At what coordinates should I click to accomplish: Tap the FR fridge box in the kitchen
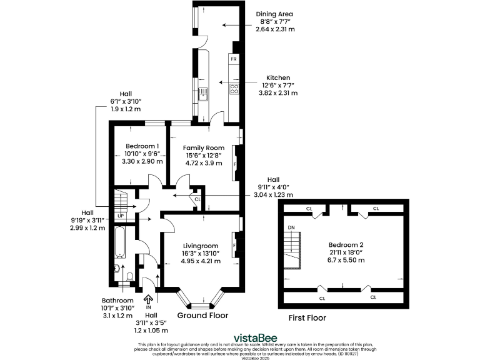[233, 59]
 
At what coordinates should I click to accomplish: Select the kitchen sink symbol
[203, 94]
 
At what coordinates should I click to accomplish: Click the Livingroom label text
[200, 246]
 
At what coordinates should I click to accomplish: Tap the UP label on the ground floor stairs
[121, 216]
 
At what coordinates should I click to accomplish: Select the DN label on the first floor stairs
[291, 227]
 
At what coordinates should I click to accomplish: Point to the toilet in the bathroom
[129, 276]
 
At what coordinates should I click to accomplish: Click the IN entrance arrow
[149, 300]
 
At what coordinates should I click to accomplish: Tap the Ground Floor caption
[202, 316]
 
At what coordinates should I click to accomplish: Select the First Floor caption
[307, 317]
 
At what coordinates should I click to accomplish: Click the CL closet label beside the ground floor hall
[197, 199]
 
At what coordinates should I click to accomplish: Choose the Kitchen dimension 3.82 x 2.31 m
[277, 93]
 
